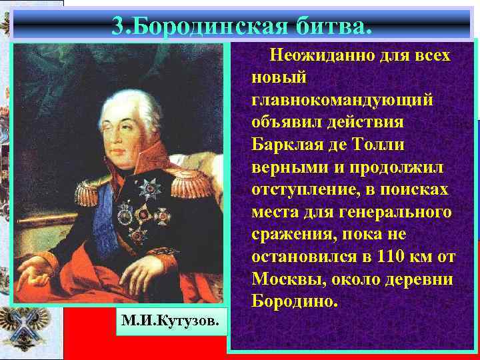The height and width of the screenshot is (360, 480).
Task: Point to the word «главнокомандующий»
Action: [x=342, y=100]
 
